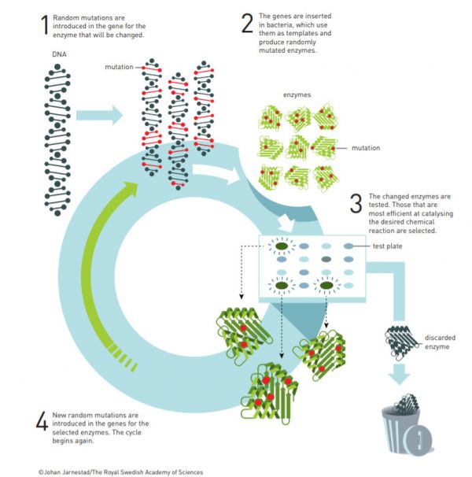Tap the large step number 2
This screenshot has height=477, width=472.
tap(248, 23)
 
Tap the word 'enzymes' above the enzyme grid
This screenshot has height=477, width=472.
tap(297, 94)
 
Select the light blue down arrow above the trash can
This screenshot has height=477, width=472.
tap(401, 373)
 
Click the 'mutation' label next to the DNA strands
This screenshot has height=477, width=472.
tap(119, 67)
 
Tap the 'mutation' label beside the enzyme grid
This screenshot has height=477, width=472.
tap(366, 148)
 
